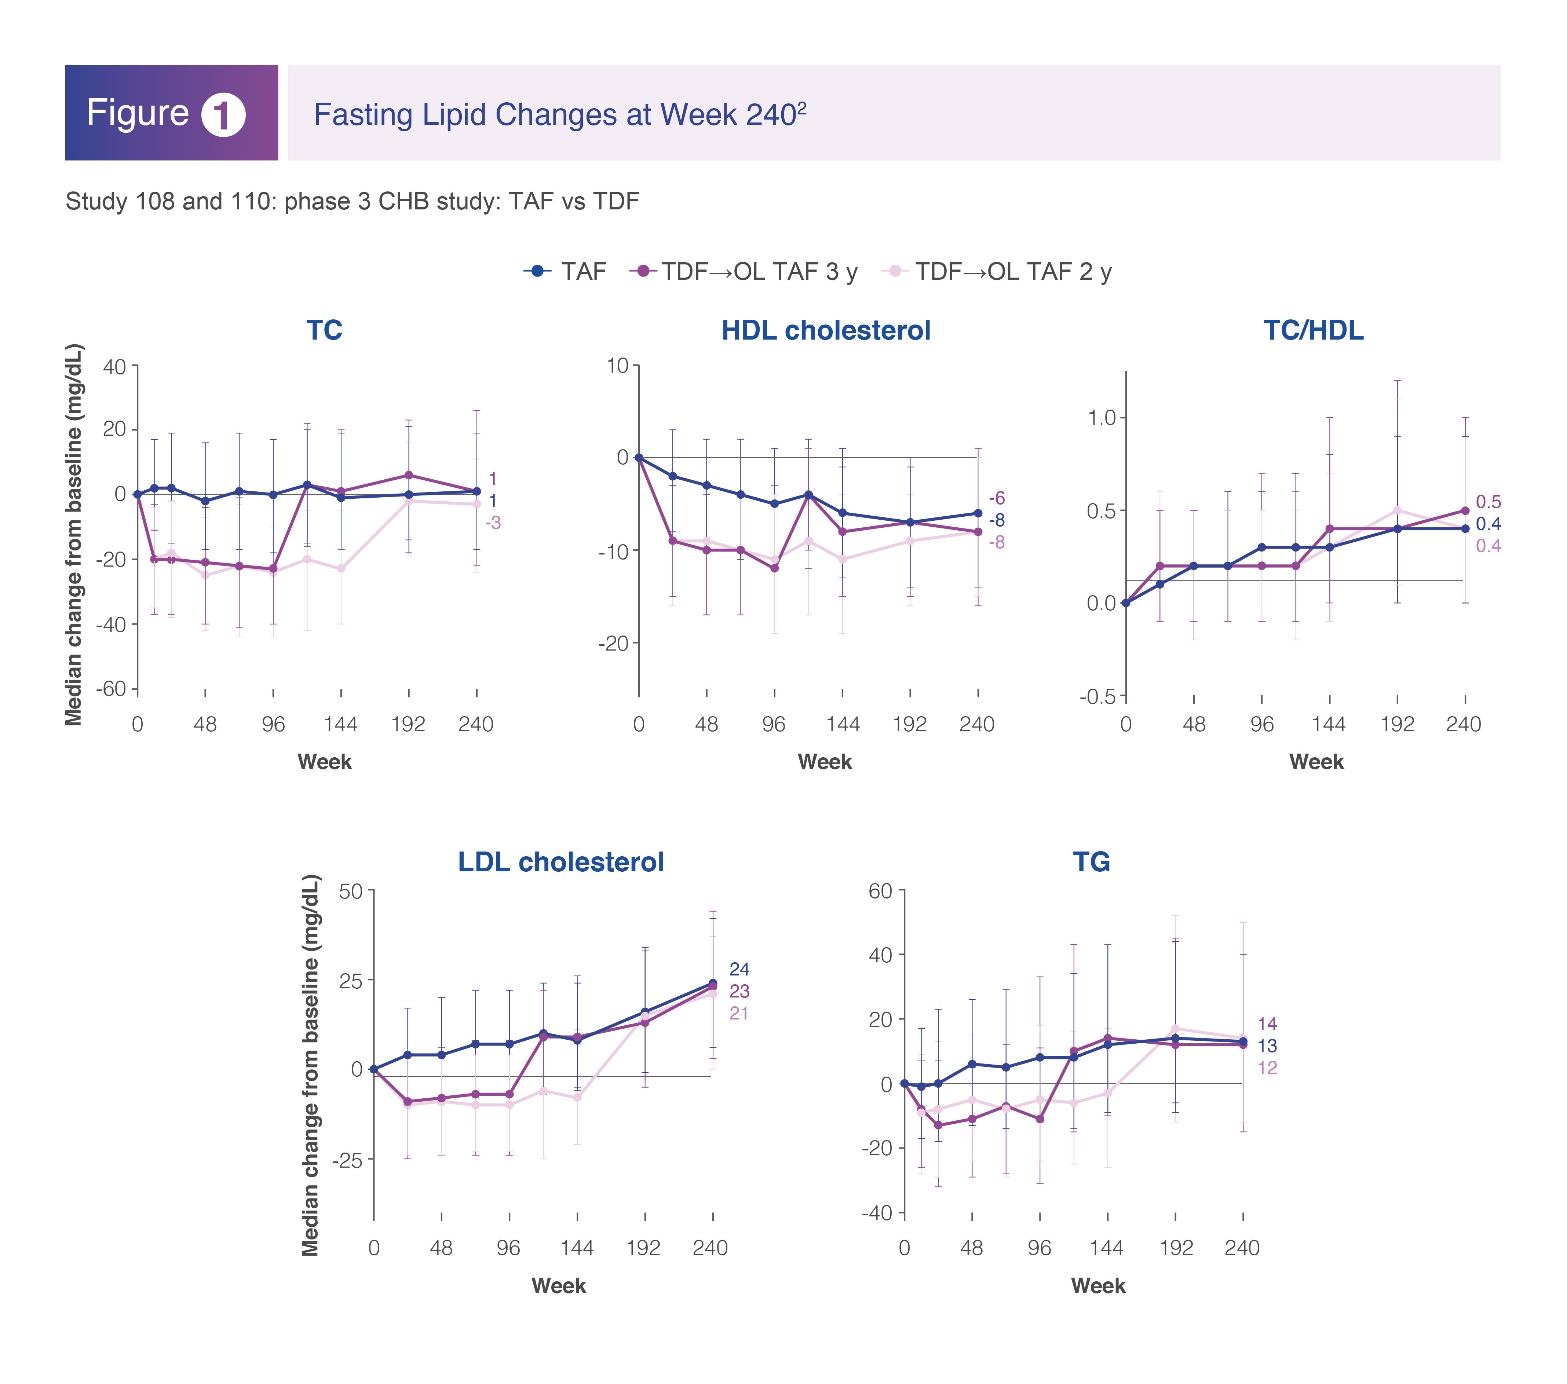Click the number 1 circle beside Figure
point(223,115)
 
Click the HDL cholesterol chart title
point(826,330)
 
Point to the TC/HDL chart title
point(1313,330)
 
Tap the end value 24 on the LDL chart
point(739,969)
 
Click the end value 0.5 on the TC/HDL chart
point(1488,502)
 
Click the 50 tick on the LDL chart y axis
point(350,891)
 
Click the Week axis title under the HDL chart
point(825,762)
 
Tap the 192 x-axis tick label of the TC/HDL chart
point(1397,724)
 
